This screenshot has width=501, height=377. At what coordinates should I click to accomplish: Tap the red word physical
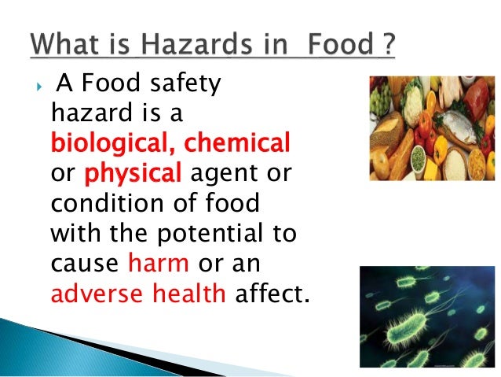133,172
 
